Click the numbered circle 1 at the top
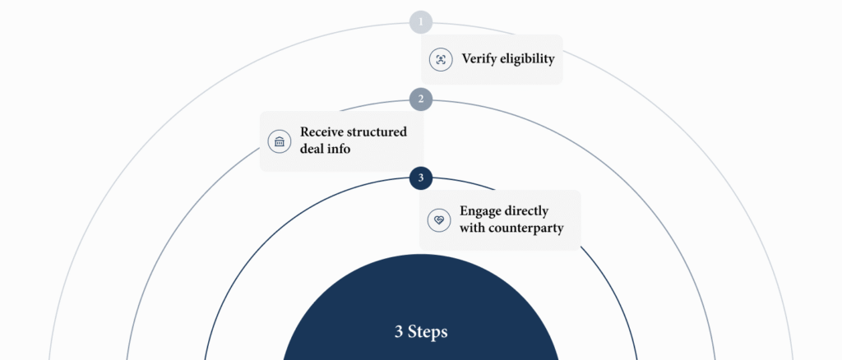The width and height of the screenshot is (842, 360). pyautogui.click(x=421, y=21)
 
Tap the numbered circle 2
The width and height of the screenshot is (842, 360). pyautogui.click(x=421, y=99)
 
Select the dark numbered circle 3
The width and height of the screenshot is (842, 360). pyautogui.click(x=421, y=178)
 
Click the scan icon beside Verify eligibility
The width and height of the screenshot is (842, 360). pyautogui.click(x=441, y=59)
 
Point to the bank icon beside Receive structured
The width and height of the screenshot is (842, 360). pyautogui.click(x=280, y=141)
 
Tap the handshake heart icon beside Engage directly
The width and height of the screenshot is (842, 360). pyautogui.click(x=440, y=219)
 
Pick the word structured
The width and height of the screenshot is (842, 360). pyautogui.click(x=378, y=132)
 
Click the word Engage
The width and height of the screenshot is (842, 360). pyautogui.click(x=482, y=210)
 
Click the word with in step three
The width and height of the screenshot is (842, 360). pyautogui.click(x=473, y=228)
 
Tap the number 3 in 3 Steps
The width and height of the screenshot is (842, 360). pyautogui.click(x=399, y=332)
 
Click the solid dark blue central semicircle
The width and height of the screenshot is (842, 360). pyautogui.click(x=421, y=296)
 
